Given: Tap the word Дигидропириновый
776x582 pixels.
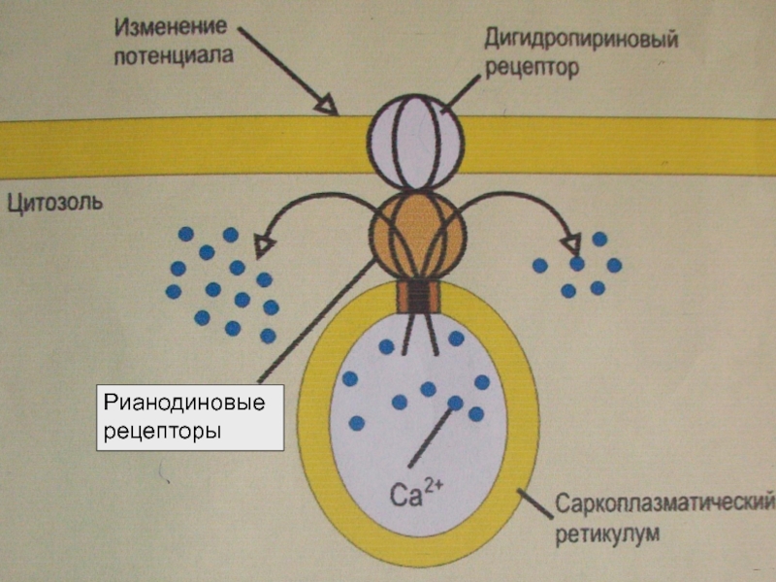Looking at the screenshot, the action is pos(581,42).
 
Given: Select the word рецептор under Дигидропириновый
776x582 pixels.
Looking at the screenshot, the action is pos(533,70).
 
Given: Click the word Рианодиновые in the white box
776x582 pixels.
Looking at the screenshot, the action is pos(184,402).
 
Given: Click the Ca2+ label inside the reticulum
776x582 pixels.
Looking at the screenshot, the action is pos(416,496).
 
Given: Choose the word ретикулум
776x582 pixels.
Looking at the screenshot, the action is pos(607,533).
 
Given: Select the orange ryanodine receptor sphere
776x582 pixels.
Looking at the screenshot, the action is pos(417,234).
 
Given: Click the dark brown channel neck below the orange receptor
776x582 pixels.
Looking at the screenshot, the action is pos(417,294).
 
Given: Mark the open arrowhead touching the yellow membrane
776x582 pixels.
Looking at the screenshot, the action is pos(329,106).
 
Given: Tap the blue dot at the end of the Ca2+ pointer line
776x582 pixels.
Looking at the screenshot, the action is pos(455,403).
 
